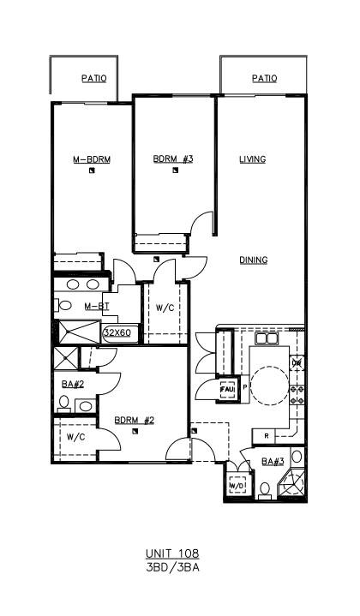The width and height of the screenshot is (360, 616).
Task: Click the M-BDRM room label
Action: pos(92,159)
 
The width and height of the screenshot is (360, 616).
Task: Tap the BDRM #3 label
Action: pos(173,159)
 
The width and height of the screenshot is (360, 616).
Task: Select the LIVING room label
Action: pos(253,159)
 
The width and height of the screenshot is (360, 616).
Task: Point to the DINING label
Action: pos(254,260)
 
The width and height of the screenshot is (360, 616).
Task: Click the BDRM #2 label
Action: pos(135,421)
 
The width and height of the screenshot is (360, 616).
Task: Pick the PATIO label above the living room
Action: pos(265,79)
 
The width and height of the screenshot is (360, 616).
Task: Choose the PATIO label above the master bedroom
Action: pos(94,79)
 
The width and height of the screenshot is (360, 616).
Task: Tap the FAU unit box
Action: pos(227,389)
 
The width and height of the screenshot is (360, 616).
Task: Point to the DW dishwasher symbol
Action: pos(297,363)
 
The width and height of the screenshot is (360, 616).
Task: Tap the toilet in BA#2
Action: pos(63,403)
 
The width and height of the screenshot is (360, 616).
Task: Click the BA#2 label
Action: pos(73,384)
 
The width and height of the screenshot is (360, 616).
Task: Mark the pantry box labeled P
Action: pos(244,388)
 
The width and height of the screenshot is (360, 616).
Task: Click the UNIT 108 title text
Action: pos(172,553)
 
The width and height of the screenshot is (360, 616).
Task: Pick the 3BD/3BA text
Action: pos(172,568)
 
